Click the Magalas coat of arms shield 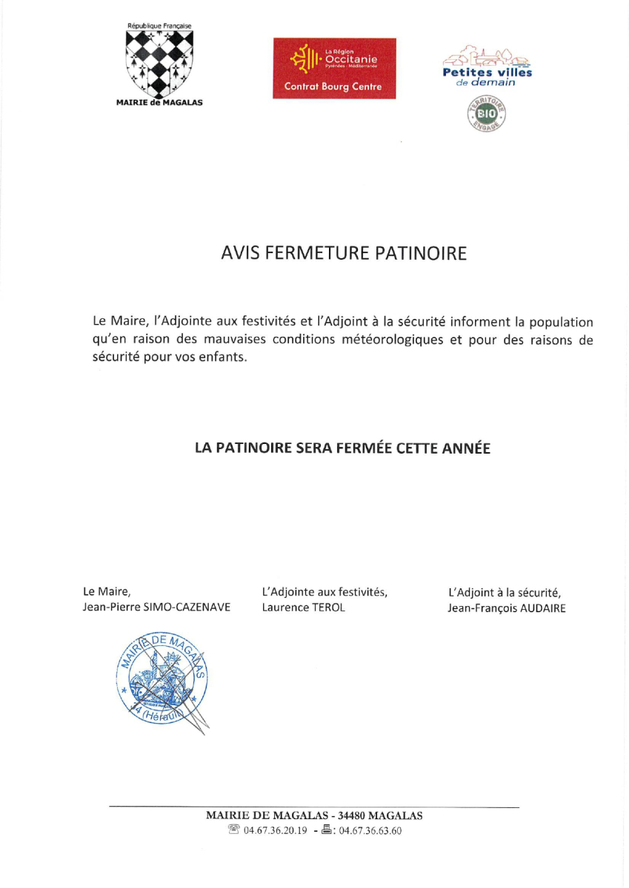point(159,62)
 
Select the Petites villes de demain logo point(487,69)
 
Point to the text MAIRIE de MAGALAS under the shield point(159,103)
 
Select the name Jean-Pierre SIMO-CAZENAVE point(157,608)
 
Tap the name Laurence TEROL point(304,608)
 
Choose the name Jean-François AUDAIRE point(507,608)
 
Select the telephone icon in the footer point(234,830)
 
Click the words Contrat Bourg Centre point(333,87)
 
